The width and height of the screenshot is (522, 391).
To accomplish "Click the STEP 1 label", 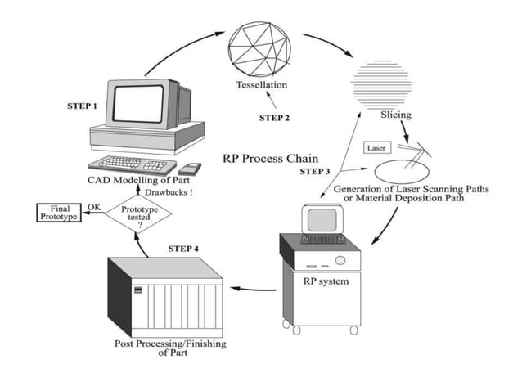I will (x=83, y=107).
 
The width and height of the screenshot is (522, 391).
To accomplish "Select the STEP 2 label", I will (x=275, y=118).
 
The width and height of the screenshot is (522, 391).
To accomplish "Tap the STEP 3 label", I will (x=315, y=172).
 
